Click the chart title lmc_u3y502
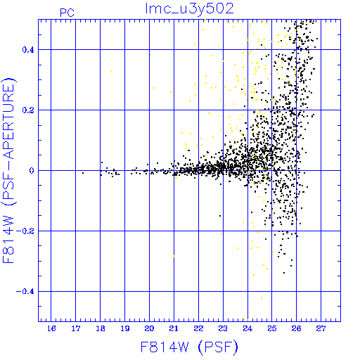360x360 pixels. click(189, 9)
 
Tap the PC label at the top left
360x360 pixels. click(67, 13)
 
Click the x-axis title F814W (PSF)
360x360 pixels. click(189, 347)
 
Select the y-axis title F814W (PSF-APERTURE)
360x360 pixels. click(8, 170)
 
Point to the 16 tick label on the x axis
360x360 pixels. click(51, 328)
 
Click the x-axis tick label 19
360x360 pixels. click(125, 328)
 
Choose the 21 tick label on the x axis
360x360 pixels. click(174, 328)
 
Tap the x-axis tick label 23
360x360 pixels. click(223, 328)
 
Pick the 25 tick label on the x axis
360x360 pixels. click(272, 328)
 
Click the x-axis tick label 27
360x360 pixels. click(321, 328)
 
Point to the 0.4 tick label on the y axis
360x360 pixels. click(28, 50)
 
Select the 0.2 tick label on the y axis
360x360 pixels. click(28, 110)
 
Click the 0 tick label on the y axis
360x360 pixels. click(32, 171)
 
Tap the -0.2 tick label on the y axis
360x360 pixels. click(25, 231)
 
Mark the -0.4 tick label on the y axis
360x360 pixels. click(25, 292)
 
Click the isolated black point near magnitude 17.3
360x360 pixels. click(83, 173)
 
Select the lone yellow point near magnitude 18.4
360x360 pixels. click(111, 71)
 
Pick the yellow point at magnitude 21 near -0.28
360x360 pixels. click(174, 257)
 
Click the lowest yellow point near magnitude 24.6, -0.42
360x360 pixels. click(262, 298)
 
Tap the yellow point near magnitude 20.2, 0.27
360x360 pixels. click(154, 88)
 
